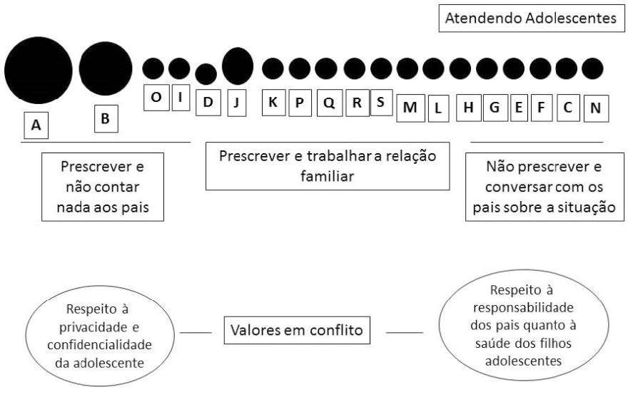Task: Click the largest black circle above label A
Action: click(39, 70)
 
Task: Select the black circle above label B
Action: click(106, 68)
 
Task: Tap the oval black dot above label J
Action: click(238, 66)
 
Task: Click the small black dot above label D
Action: click(206, 74)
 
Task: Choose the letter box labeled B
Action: click(106, 119)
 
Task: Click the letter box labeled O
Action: click(156, 98)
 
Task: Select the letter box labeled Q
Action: click(329, 103)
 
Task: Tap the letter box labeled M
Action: click(410, 107)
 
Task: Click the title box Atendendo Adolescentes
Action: click(530, 19)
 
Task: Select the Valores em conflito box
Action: click(297, 331)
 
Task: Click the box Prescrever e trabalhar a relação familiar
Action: click(328, 166)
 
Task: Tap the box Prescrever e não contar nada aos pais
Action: click(103, 187)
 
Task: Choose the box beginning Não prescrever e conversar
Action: click(545, 187)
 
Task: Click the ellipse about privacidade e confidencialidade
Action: click(99, 336)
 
